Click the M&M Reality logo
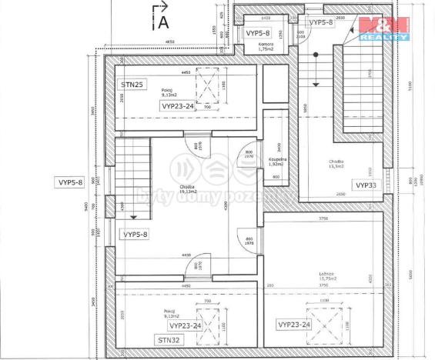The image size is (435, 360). pyautogui.click(x=383, y=28)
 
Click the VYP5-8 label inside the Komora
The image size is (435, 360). pyautogui.click(x=258, y=33)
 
